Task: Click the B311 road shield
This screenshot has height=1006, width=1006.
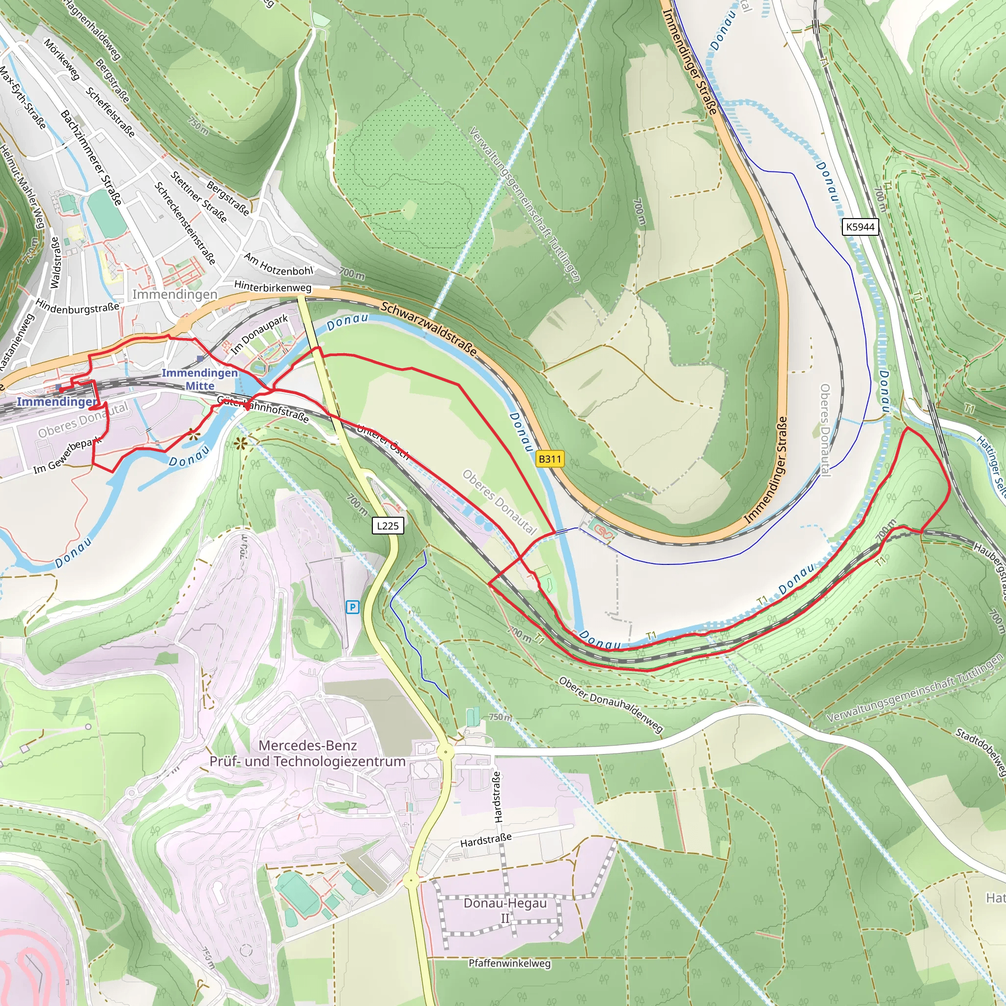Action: tap(549, 459)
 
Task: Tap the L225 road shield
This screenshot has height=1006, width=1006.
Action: tap(388, 526)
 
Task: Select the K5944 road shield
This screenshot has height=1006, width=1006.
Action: tap(860, 227)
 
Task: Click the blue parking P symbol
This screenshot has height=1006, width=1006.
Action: tap(353, 607)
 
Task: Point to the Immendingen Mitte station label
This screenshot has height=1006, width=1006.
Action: tap(199, 379)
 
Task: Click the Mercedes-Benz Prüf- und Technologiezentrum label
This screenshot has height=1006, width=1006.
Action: tap(307, 754)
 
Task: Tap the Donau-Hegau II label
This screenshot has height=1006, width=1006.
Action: tap(505, 910)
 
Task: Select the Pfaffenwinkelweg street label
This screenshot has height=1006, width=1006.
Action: tap(509, 963)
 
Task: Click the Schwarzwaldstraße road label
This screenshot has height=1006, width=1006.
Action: tap(428, 329)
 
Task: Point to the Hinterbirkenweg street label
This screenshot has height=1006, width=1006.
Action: tap(272, 286)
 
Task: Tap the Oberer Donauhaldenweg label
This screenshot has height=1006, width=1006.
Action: tap(610, 704)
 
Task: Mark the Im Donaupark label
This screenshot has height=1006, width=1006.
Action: tap(259, 335)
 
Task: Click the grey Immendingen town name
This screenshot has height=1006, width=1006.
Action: tap(174, 294)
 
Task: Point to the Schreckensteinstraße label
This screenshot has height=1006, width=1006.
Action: tap(185, 223)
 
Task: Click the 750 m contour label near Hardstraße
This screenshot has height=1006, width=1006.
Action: tap(501, 717)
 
